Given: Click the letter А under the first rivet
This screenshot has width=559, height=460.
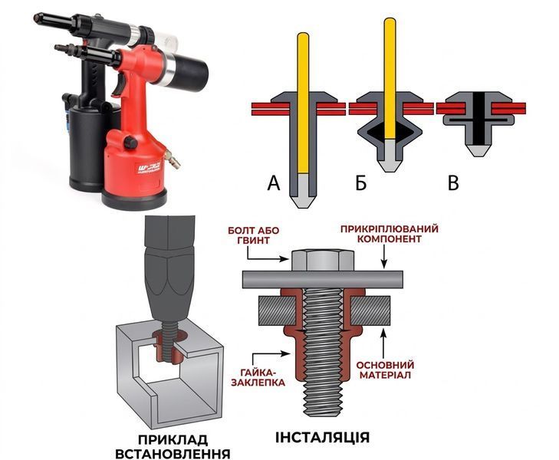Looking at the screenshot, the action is [274, 182].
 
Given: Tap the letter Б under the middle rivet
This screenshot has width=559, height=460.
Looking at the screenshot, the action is [361, 182].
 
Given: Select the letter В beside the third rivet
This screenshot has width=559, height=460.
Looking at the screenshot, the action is [453, 182].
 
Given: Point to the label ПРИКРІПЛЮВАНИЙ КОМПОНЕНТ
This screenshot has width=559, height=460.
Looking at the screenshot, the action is [389, 233].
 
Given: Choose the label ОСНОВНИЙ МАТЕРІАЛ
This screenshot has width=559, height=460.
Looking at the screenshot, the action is [385, 370].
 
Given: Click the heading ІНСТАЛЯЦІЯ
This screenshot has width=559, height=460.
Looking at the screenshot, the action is [322, 437].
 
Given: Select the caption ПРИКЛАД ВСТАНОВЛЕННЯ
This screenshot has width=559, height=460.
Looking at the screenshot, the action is [173, 447].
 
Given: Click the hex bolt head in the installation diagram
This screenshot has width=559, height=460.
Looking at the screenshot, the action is [323, 260].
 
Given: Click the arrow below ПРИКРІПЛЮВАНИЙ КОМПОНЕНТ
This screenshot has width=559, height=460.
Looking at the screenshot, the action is [384, 257].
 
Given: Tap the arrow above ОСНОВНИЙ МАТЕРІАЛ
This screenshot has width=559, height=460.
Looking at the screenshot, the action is [383, 343].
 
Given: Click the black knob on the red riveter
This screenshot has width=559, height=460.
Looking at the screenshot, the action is [130, 143].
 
